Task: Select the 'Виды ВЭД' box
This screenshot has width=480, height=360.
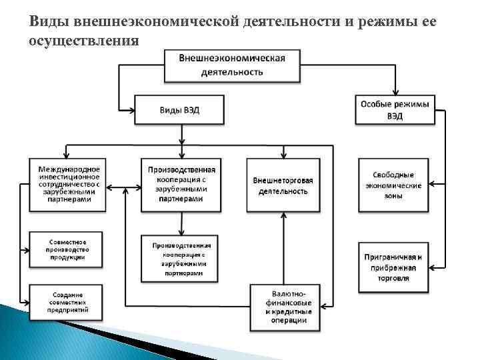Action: pos(179,110)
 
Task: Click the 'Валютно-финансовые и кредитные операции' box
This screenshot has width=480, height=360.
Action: pos(285,306)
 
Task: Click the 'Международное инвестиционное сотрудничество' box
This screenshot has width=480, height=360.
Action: pos(67,184)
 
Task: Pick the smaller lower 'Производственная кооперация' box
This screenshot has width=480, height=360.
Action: pos(181,259)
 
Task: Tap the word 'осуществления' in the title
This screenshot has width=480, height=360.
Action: pos(84,41)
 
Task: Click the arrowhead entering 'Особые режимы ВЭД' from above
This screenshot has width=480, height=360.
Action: pos(395,92)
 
